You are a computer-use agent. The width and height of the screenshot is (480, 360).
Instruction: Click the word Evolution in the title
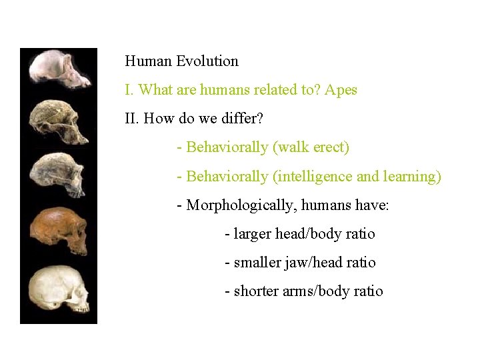207,61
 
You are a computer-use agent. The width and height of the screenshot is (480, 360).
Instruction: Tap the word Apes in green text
341,90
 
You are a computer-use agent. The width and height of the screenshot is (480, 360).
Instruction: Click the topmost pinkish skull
59,70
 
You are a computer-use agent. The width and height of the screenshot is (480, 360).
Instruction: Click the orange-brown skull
59,230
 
